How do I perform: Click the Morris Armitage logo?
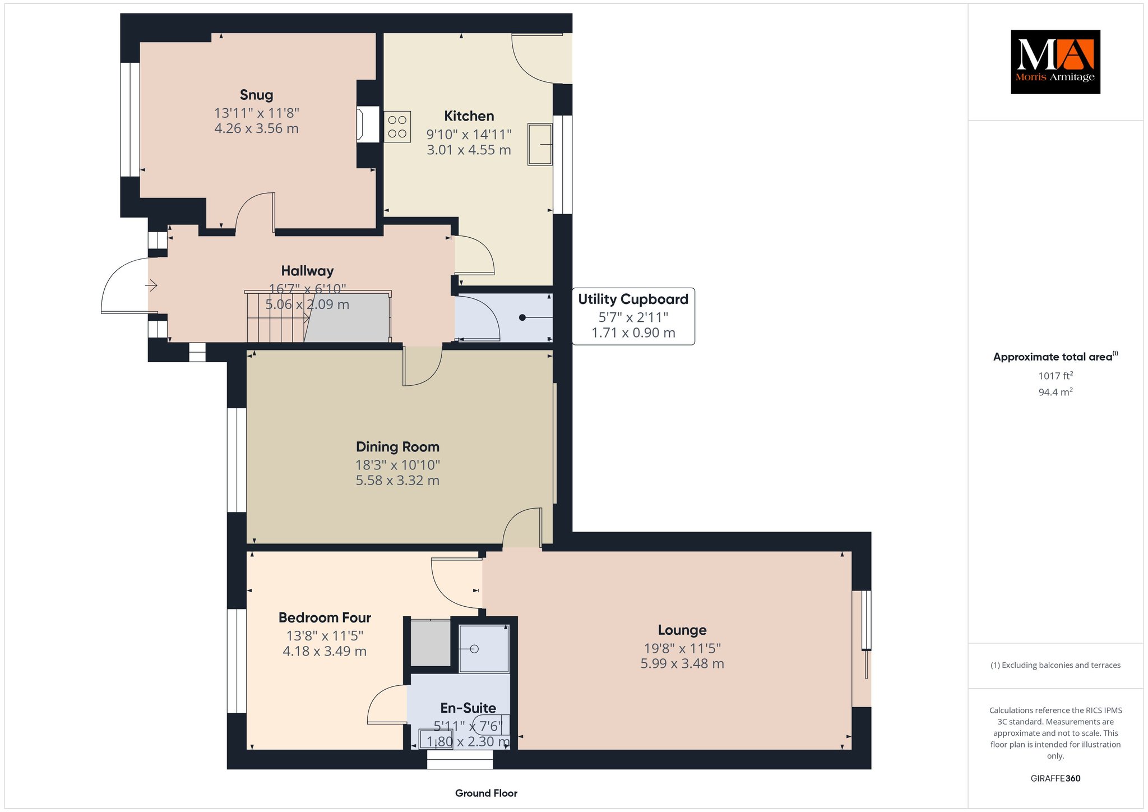point(1055,62)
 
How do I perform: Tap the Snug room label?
point(256,95)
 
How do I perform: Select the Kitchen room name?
point(469,116)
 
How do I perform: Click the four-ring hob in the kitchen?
point(397,126)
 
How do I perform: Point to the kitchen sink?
point(540,144)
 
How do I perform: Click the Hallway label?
point(307,271)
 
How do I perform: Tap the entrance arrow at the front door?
point(151,286)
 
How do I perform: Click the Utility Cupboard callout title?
point(633,299)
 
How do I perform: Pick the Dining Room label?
point(397,447)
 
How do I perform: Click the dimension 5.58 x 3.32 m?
point(397,481)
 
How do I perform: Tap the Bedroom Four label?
point(325,618)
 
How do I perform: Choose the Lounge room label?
point(682,630)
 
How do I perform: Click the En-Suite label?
point(468,708)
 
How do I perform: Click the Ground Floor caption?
point(486,793)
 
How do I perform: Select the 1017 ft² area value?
point(1056,376)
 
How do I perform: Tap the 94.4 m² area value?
point(1056,392)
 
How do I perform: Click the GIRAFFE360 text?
point(1056,778)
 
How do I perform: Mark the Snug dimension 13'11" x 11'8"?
point(257,113)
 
